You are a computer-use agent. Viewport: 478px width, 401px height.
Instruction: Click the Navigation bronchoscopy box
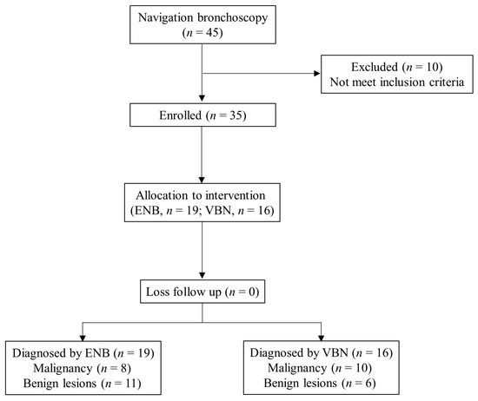[202, 23]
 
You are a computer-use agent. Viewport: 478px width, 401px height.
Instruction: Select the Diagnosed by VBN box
[322, 367]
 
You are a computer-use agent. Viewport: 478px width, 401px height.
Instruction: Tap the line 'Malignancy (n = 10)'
[322, 368]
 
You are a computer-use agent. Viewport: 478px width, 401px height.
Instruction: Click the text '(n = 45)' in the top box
[202, 32]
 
